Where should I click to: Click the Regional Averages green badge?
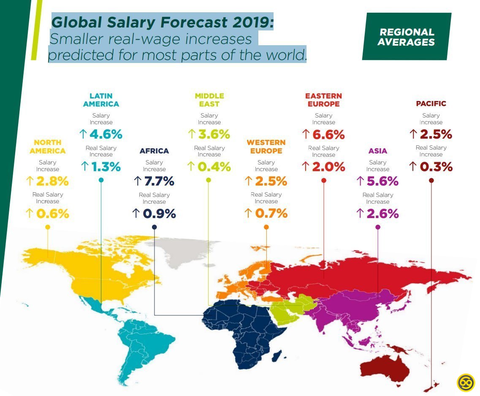406,37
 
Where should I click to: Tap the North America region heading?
48,147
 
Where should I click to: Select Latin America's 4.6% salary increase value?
106,134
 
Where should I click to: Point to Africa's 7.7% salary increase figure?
159,181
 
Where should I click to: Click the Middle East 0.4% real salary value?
214,167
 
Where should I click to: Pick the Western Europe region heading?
266,147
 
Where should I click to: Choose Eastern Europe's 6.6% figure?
328,135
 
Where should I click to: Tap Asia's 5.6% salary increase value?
382,181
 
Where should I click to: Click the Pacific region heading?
431,104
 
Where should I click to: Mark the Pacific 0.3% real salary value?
436,167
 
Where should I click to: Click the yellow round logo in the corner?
466,382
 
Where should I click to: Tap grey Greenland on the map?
186,251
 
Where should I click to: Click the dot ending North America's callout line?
48,227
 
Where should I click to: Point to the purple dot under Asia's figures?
378,227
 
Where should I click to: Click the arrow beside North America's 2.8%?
30,181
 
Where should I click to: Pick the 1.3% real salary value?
106,167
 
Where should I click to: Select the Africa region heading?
154,151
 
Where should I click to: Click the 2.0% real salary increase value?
328,167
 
